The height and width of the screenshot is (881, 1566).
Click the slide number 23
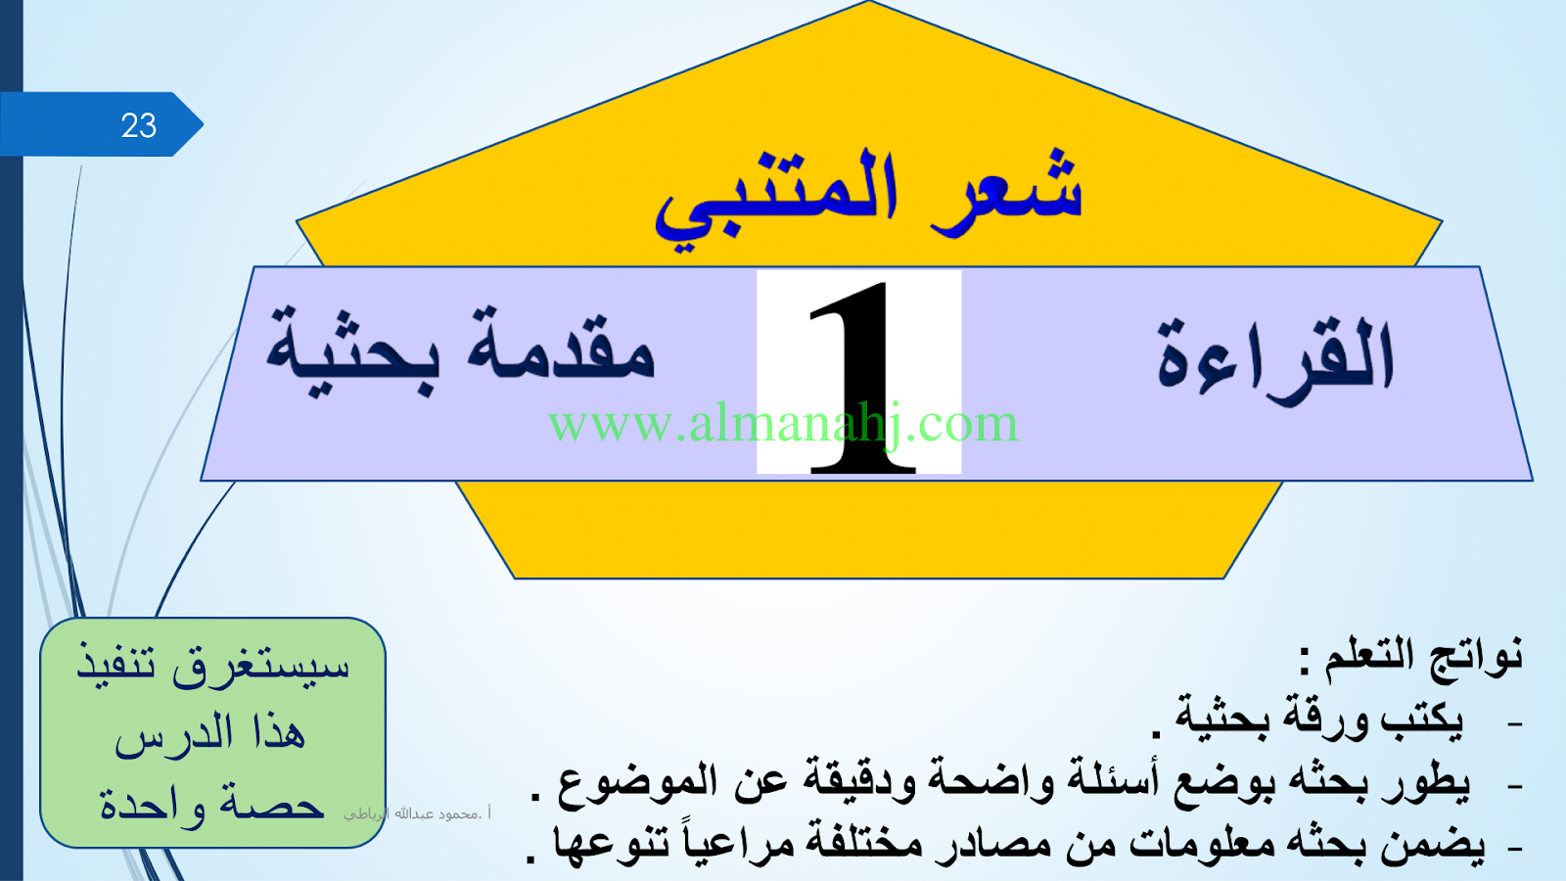tap(138, 126)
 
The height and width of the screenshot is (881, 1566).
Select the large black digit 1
tap(862, 378)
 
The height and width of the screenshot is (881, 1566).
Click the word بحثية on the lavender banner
tap(353, 349)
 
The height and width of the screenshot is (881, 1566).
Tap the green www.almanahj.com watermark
tap(783, 424)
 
